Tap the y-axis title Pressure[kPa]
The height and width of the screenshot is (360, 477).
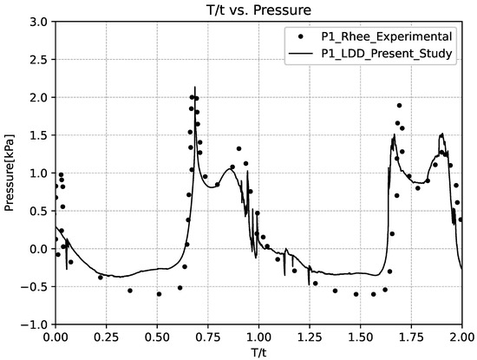[11, 173]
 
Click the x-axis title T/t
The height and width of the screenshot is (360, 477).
[258, 351]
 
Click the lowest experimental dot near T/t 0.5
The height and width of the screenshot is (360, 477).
[159, 294]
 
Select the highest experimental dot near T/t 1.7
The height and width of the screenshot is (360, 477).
[399, 105]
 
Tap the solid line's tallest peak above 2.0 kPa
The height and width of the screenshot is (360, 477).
[195, 88]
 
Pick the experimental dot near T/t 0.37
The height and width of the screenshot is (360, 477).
[130, 291]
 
